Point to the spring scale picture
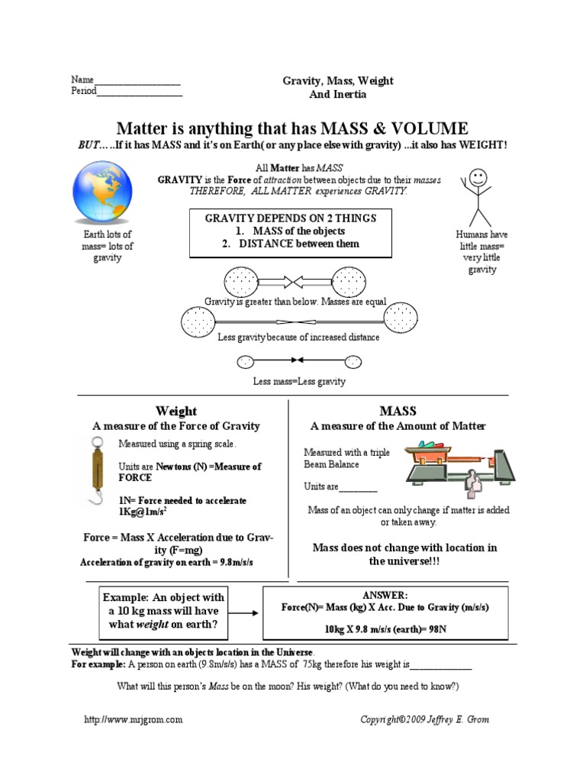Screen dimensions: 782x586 tap(98, 473)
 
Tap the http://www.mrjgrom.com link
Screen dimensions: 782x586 tap(133, 719)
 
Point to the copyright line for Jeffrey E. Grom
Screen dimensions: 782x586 tap(425, 719)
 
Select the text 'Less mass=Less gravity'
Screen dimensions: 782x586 tap(299, 381)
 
